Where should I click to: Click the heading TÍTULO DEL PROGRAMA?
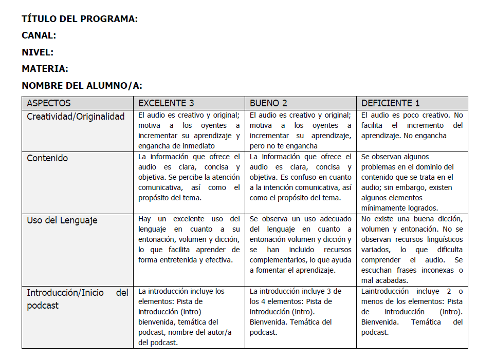coord(80,20)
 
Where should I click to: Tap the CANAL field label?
coord(39,36)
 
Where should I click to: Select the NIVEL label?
coord(38,52)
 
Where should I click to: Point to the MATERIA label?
coord(45,69)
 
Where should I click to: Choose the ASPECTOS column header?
coord(49,103)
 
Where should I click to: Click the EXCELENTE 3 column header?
coord(167,103)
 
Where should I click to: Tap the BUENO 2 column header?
coord(268,103)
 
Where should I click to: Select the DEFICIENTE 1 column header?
coord(391,103)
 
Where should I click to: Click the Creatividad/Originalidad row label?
coord(76,117)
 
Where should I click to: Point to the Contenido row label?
coord(47,158)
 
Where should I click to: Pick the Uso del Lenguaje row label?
coord(62,220)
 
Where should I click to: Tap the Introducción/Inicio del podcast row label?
coord(77,299)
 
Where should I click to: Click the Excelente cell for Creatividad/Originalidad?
coord(189,130)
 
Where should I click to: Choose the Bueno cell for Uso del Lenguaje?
coord(300,244)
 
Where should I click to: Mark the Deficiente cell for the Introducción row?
coord(411,312)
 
